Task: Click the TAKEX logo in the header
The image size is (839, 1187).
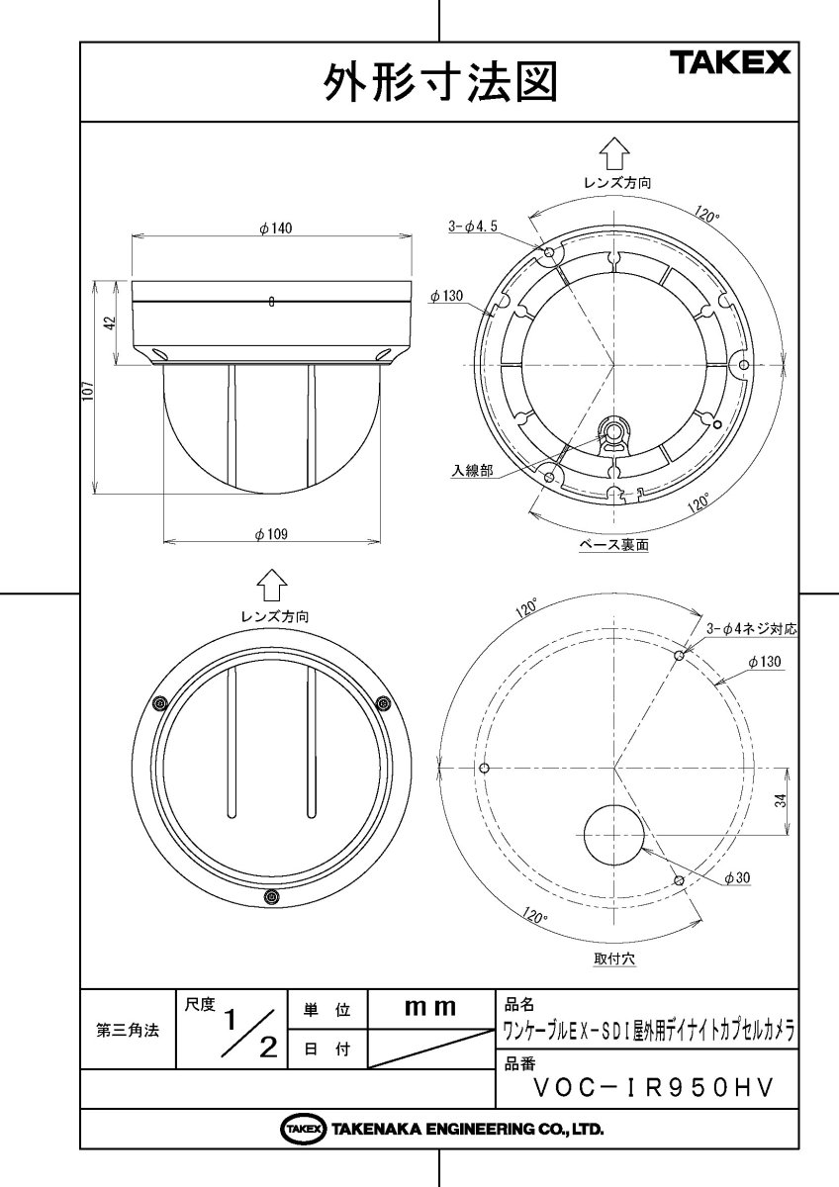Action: [x=731, y=63]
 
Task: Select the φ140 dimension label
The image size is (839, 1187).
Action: [x=276, y=228]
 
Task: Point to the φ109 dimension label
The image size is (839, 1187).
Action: [x=271, y=533]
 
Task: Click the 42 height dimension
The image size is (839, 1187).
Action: [x=111, y=323]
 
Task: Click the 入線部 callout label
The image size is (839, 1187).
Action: [x=472, y=471]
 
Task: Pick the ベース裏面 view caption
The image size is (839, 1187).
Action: [x=613, y=546]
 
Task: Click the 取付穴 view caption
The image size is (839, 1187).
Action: [x=614, y=959]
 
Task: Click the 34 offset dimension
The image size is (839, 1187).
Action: [x=782, y=802]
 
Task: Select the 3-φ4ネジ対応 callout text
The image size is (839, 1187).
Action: [x=751, y=628]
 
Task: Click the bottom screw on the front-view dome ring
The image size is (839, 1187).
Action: [x=271, y=897]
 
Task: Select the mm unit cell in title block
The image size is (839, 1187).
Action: [x=429, y=1008]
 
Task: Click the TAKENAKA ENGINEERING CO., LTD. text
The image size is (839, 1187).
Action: [x=467, y=1129]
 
